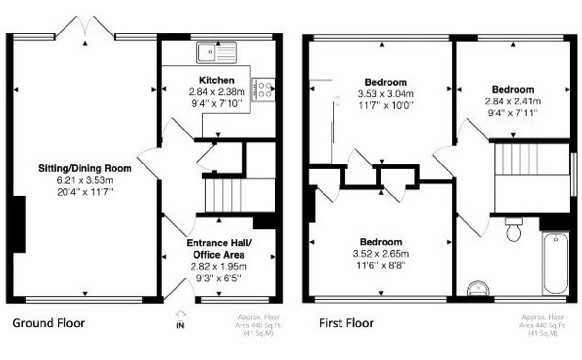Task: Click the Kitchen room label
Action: click(x=217, y=81)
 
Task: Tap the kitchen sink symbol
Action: click(x=216, y=52)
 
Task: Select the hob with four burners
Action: click(x=263, y=90)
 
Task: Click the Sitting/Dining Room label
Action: click(x=85, y=168)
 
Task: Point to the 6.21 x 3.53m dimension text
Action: click(x=85, y=180)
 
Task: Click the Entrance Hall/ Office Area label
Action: click(x=219, y=249)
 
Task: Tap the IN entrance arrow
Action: click(x=180, y=319)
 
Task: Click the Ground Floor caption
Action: click(x=48, y=323)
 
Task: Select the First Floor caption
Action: click(x=346, y=323)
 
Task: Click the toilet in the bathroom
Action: click(x=514, y=229)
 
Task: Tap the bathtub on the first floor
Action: click(x=556, y=263)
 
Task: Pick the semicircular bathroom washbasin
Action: click(x=478, y=289)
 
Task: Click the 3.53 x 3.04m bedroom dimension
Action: click(x=386, y=94)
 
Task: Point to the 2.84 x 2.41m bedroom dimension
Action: click(x=513, y=101)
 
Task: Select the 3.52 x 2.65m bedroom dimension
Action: click(x=381, y=254)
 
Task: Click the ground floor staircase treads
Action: click(x=224, y=195)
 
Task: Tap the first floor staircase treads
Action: click(x=516, y=159)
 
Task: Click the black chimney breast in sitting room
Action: click(x=19, y=224)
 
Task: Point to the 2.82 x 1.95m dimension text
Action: click(x=219, y=267)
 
